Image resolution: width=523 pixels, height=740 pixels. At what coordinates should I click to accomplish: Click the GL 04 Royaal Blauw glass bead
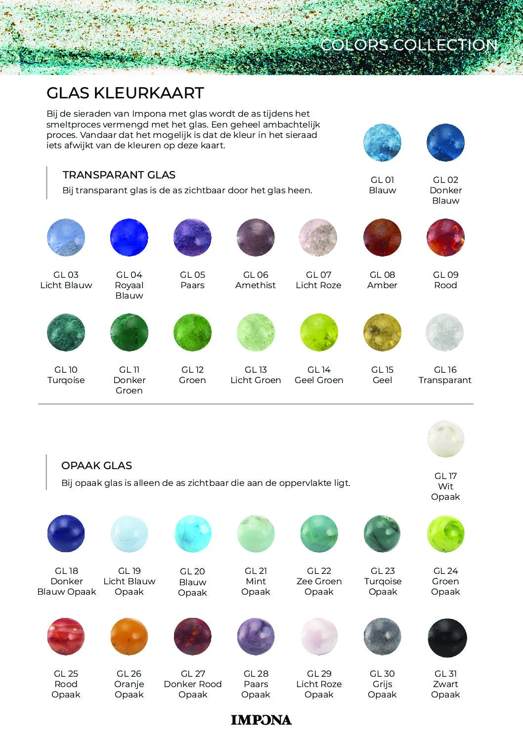point(129,238)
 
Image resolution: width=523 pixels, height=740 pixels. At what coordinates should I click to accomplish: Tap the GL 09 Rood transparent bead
point(445,238)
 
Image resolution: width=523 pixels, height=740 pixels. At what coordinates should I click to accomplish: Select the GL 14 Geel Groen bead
point(319,333)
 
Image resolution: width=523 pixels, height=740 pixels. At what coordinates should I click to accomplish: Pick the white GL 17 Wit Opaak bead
point(445,439)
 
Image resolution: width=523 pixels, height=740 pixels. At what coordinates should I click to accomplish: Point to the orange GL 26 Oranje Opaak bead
point(129,636)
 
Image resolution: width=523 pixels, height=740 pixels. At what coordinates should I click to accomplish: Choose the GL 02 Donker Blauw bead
point(445,143)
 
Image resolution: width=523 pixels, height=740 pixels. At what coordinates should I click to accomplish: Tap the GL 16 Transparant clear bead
point(445,333)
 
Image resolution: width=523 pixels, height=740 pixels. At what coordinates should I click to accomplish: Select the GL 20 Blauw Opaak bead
point(192,534)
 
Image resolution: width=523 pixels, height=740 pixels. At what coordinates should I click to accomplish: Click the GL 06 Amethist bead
point(256,238)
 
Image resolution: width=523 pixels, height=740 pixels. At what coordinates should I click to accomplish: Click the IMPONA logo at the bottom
point(261,720)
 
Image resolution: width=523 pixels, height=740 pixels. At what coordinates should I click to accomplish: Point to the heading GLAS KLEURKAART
point(125,93)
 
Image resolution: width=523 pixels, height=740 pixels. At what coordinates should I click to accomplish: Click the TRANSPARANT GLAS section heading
point(119,175)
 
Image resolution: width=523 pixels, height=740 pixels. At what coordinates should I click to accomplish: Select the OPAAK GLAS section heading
point(96,466)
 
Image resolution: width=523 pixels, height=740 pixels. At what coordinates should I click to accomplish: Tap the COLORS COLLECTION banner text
point(409,45)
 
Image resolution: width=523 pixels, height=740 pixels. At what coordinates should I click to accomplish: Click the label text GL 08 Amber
point(382,280)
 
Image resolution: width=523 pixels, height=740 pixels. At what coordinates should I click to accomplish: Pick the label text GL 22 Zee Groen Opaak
point(319,581)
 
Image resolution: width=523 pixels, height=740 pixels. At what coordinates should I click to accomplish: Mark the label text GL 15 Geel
point(382,375)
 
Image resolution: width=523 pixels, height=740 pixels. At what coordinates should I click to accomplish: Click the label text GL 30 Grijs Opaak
point(382,684)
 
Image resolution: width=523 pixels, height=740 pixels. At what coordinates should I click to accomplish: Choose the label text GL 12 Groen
point(192,375)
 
